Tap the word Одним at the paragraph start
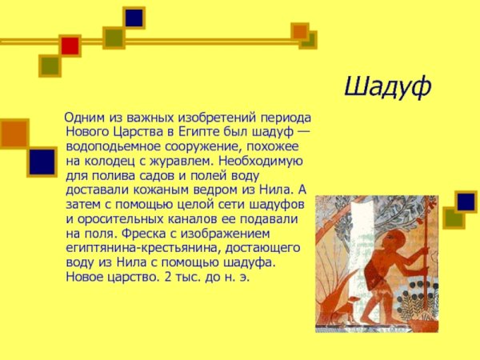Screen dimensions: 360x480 click(x=84, y=118)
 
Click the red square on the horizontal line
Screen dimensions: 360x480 click(x=70, y=46)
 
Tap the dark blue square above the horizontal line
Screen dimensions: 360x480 click(x=134, y=18)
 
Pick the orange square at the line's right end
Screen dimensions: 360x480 click(x=300, y=31)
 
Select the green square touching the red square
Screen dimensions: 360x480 click(x=50, y=64)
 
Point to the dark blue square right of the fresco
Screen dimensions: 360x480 click(x=466, y=202)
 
